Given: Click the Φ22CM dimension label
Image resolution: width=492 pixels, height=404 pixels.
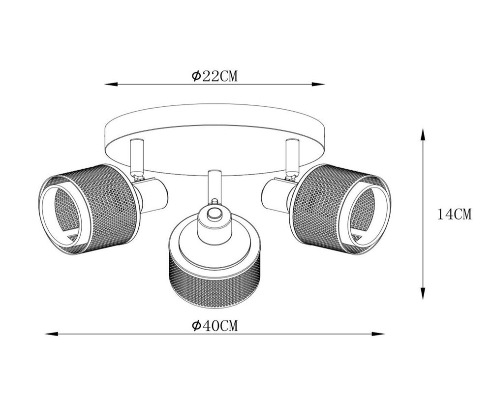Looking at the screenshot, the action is (x=215, y=76).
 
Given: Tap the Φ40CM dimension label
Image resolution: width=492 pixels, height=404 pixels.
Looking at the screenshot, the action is (x=215, y=326).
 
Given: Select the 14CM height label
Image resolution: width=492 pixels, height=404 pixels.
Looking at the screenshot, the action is (x=455, y=215).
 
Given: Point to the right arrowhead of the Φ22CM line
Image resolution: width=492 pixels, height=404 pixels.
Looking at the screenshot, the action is (x=318, y=84).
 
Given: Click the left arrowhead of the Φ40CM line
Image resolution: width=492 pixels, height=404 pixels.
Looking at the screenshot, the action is (x=52, y=334).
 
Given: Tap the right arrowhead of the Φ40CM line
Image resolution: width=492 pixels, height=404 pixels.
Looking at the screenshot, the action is (x=378, y=334).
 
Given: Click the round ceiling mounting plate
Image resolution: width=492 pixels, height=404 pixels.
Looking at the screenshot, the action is (x=215, y=132).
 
